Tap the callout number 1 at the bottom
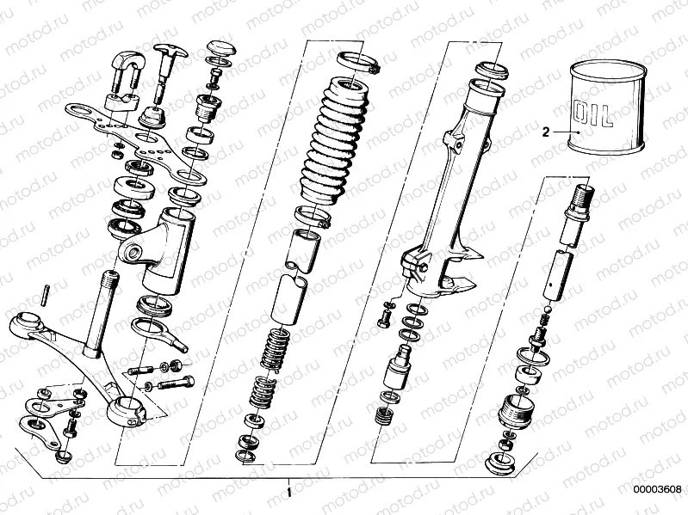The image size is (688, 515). tap(289, 493)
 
